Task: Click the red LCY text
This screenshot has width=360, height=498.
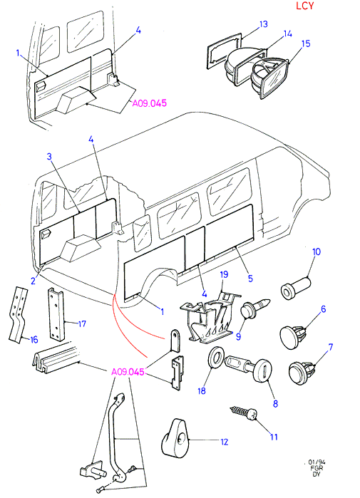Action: [x=304, y=6]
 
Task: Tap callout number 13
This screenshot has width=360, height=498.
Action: [x=264, y=24]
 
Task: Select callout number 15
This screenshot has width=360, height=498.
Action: [x=306, y=43]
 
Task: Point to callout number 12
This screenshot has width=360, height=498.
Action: [x=225, y=442]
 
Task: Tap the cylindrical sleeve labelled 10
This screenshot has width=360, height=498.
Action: [x=296, y=288]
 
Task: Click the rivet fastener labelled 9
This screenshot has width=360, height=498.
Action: [x=254, y=308]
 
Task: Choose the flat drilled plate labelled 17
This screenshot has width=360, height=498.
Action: [x=57, y=313]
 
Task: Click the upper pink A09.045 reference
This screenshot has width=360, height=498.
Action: [x=149, y=103]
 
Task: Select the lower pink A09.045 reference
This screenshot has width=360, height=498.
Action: [x=128, y=372]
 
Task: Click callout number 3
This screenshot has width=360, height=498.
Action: [x=49, y=156]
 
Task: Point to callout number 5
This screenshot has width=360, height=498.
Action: [x=250, y=279]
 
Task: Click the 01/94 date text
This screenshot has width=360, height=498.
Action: [x=317, y=462]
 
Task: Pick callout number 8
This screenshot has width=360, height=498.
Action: [x=275, y=403]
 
